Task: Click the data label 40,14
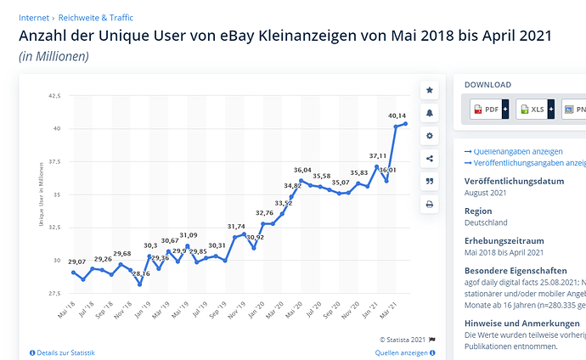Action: point(397,115)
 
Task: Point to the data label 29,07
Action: point(76,262)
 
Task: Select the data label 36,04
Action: point(302,170)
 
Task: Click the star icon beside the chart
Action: point(429,90)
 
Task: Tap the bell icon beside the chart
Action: point(429,113)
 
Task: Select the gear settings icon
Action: point(429,136)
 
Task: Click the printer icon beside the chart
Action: point(429,205)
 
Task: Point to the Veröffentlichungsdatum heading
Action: point(515,181)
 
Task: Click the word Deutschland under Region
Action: point(486,222)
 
